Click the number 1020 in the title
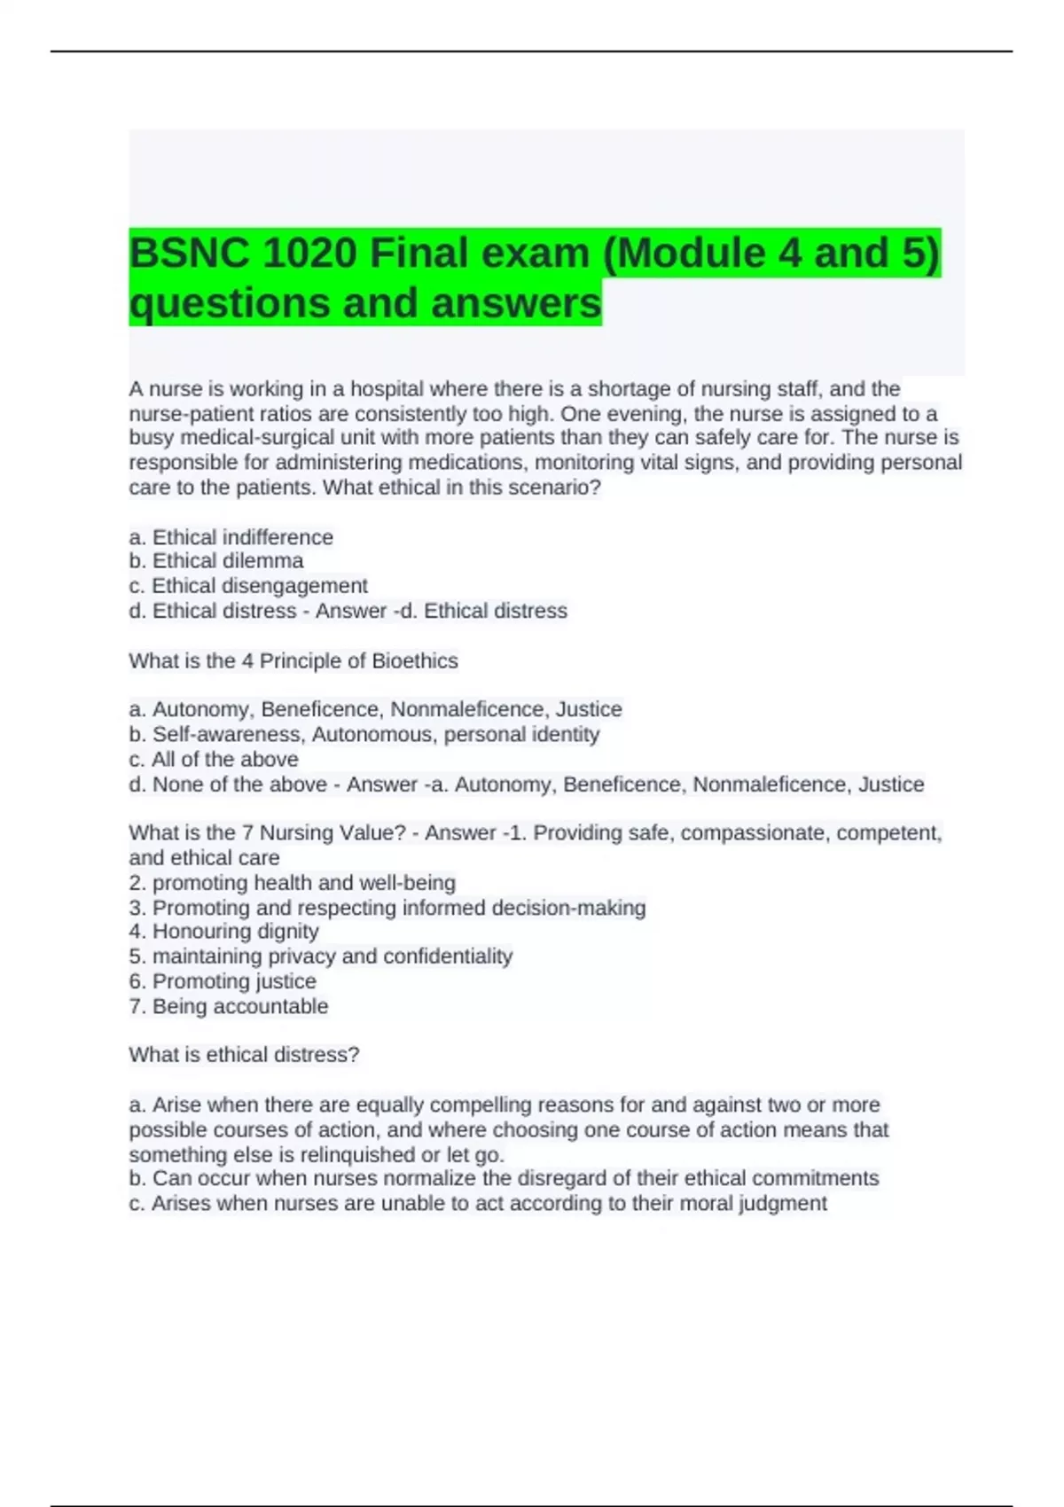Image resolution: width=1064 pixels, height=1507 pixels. point(309,254)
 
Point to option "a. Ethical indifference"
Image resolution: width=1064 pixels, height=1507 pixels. point(231,537)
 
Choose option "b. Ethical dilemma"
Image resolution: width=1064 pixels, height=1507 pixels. point(215,561)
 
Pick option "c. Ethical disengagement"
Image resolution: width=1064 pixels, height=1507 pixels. point(247,586)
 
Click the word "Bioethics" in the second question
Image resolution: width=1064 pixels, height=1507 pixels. point(415,661)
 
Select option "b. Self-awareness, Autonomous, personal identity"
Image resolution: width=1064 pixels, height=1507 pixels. point(364,735)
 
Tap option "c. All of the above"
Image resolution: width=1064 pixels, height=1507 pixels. point(213,760)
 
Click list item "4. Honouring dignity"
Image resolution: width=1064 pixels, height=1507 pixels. point(223,932)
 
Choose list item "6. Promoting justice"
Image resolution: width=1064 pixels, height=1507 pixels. point(222,981)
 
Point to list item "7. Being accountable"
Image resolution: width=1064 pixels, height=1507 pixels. point(228,1006)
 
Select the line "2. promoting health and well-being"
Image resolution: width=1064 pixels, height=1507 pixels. point(292,883)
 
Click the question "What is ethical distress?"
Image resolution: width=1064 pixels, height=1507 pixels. point(244,1055)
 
